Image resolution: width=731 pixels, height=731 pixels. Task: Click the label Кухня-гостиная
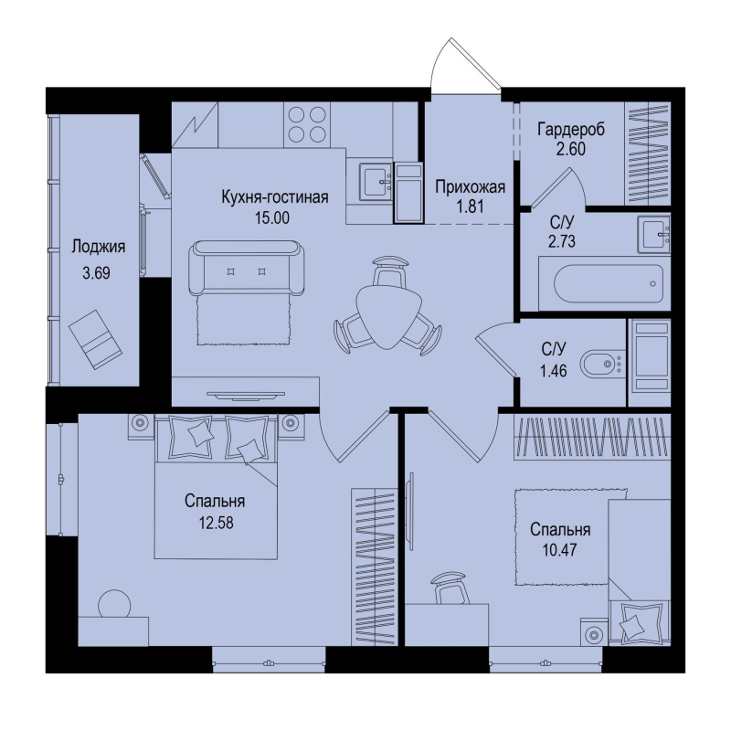(x=275, y=197)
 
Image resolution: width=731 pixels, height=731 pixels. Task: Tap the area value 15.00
(x=271, y=217)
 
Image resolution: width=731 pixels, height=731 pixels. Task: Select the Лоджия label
(x=99, y=247)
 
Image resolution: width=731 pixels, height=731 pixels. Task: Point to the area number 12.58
(x=217, y=523)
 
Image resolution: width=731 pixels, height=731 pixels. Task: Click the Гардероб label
(x=571, y=129)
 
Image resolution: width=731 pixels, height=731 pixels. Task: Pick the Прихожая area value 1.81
(x=471, y=207)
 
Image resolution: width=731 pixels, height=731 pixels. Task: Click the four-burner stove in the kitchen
(x=307, y=124)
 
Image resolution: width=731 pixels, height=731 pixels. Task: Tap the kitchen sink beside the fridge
(x=376, y=182)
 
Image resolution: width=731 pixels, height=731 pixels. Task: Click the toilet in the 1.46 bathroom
(x=602, y=363)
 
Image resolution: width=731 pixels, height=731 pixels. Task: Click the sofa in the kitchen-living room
(x=247, y=268)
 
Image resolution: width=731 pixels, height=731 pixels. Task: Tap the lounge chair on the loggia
(x=95, y=339)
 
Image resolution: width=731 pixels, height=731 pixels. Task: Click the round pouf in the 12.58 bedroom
(x=114, y=604)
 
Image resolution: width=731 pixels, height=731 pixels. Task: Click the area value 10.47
(x=559, y=550)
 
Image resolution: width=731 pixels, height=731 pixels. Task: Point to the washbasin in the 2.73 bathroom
(x=655, y=235)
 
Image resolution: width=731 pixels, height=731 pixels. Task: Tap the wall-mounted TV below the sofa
(x=246, y=396)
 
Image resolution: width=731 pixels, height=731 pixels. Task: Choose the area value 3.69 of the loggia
(x=96, y=273)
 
